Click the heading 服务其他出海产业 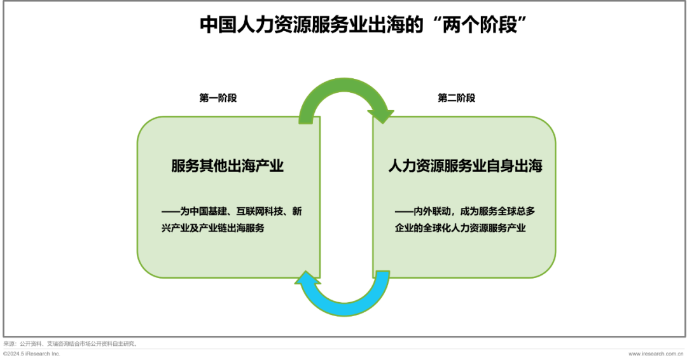pyautogui.click(x=227, y=167)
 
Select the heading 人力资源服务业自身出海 pyautogui.click(x=465, y=167)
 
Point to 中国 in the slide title pyautogui.click(x=214, y=25)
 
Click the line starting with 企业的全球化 pyautogui.click(x=461, y=228)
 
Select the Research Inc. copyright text pyautogui.click(x=32, y=354)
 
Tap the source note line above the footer pyautogui.click(x=69, y=343)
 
